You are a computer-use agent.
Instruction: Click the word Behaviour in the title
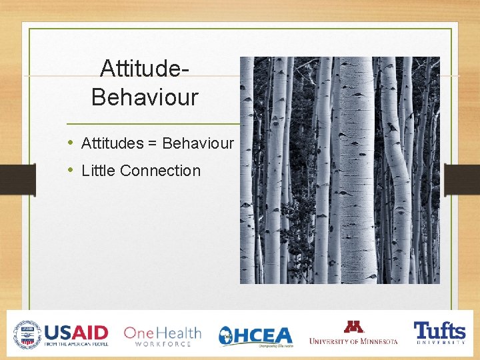pos(145,97)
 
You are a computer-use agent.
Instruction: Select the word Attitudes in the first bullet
pos(112,143)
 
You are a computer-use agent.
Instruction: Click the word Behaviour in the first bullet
pos(198,143)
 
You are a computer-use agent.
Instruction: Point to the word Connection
pos(160,171)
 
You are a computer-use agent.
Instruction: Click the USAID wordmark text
pos(76,332)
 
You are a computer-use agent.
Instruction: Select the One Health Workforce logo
pos(162,335)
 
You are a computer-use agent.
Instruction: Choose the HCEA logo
pos(256,335)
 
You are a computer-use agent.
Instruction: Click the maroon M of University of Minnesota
pos(353,327)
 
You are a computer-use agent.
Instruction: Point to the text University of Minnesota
pos(353,341)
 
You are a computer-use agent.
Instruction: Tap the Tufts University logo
pos(439,333)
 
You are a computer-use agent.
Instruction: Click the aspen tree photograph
pos(339,170)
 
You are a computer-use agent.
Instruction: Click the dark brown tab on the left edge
pos(17,180)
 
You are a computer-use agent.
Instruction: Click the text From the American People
pos(76,344)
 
